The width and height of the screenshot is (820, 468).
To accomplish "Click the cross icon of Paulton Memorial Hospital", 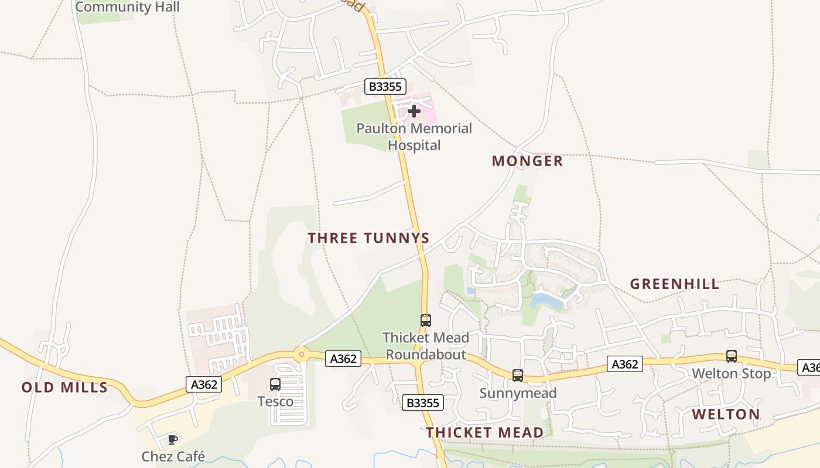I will tap(414, 111).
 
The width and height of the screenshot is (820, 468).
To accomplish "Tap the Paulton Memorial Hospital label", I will tap(414, 136).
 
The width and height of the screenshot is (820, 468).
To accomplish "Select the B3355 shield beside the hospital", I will tap(385, 87).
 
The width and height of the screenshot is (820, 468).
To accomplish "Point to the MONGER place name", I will tap(527, 161).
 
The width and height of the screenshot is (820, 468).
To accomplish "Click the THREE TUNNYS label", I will tap(369, 238).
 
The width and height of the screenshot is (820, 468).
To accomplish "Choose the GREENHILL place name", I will tap(675, 284).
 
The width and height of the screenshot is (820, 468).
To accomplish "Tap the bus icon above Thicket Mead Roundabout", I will tap(426, 321).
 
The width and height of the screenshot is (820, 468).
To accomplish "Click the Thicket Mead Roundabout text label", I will tap(426, 346).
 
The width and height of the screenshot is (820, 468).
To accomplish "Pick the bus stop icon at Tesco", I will tap(275, 384).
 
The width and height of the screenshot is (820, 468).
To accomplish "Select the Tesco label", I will tap(275, 401).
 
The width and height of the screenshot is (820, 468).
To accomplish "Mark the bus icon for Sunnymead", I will tap(518, 376).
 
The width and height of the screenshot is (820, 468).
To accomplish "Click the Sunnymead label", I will tap(518, 393).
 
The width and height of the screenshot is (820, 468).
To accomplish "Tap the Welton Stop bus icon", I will tap(732, 356).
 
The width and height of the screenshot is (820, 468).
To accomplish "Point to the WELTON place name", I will tap(726, 414).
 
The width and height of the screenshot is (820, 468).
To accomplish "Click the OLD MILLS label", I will tap(64, 387).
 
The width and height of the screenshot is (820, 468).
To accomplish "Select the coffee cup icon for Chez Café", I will tap(173, 439).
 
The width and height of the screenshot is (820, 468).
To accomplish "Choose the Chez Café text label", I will tap(173, 456).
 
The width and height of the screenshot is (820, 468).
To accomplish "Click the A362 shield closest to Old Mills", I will tap(204, 384).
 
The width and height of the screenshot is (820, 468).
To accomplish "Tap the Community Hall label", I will tap(127, 7).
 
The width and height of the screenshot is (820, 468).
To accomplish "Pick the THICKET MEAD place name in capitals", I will tap(484, 432).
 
